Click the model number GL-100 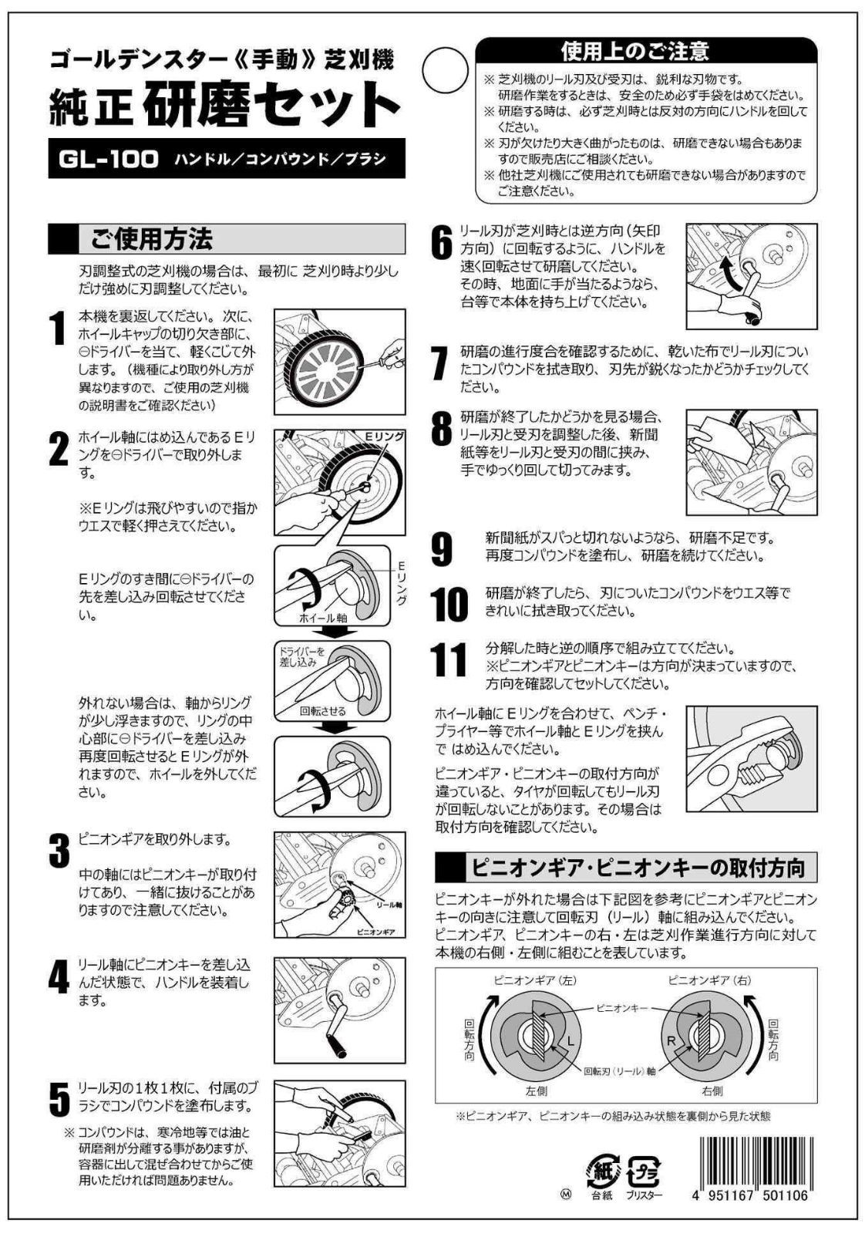[109, 160]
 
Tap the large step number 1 [59, 329]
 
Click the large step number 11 [449, 659]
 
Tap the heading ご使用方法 [151, 239]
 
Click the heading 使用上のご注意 [634, 51]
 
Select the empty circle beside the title [444, 69]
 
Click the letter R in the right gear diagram [671, 1040]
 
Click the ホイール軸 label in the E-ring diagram [323, 618]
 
